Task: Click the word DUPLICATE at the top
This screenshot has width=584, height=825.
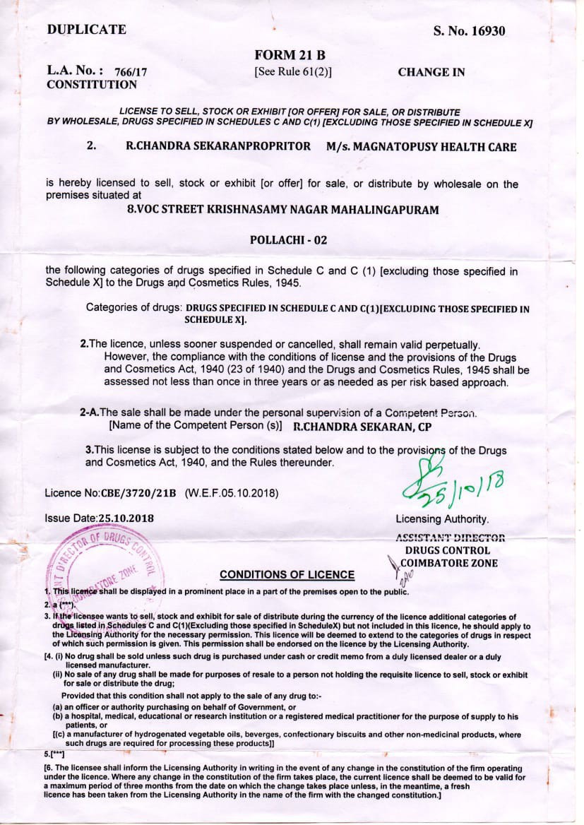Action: point(86,30)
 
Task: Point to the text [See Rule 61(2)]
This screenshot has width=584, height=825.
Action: point(292,71)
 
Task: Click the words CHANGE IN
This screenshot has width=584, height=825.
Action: point(431,72)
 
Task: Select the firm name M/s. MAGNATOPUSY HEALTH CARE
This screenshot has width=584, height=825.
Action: point(421,147)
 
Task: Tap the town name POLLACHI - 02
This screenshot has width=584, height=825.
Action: point(289,239)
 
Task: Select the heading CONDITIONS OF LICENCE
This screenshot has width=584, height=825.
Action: point(287,574)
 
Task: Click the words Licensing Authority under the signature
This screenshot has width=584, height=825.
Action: point(441,519)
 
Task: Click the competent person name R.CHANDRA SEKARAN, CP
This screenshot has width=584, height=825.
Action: point(362,427)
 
